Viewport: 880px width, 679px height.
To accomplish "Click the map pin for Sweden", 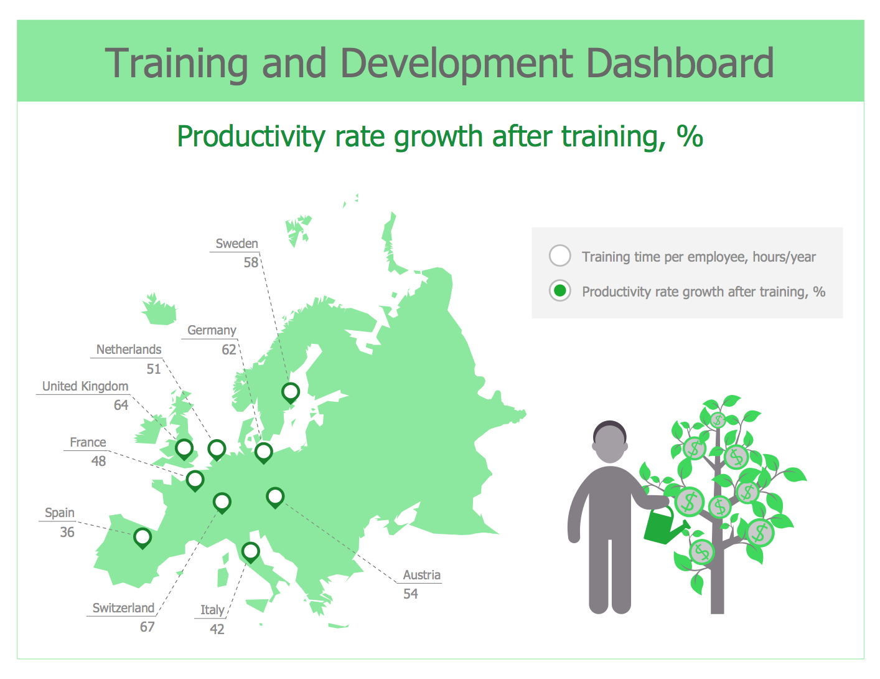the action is pyautogui.click(x=291, y=392).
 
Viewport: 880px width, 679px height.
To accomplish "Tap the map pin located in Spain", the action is pyautogui.click(x=143, y=538).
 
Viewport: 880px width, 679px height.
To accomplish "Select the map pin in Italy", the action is pyautogui.click(x=250, y=552).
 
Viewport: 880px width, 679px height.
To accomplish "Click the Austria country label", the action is pyautogui.click(x=421, y=575).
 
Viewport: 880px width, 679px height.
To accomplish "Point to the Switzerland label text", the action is pyautogui.click(x=123, y=607).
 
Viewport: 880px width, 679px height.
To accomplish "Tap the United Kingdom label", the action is pyautogui.click(x=85, y=386).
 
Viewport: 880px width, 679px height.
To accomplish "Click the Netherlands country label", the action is pyautogui.click(x=129, y=349).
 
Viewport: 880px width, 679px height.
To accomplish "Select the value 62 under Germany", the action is pyautogui.click(x=229, y=349).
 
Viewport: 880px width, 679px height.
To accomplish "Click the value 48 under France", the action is pyautogui.click(x=98, y=461).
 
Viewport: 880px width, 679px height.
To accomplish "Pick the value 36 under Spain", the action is pyautogui.click(x=67, y=532).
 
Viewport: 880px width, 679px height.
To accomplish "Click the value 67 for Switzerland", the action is pyautogui.click(x=147, y=627).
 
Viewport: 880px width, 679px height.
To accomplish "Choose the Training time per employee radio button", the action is pyautogui.click(x=559, y=255).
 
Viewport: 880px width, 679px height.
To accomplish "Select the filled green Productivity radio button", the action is pyautogui.click(x=559, y=291).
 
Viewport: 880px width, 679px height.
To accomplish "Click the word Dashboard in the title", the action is pyautogui.click(x=680, y=64).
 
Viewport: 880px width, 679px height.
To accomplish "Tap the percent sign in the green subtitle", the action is pyautogui.click(x=690, y=136).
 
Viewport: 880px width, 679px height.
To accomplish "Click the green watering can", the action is pyautogui.click(x=664, y=525).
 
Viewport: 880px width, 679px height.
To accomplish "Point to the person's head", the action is pyautogui.click(x=609, y=442).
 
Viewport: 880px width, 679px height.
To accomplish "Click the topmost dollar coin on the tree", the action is pyautogui.click(x=718, y=420).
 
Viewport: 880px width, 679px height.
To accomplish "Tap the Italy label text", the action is pyautogui.click(x=212, y=610).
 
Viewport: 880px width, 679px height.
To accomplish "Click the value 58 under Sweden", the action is pyautogui.click(x=251, y=262).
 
